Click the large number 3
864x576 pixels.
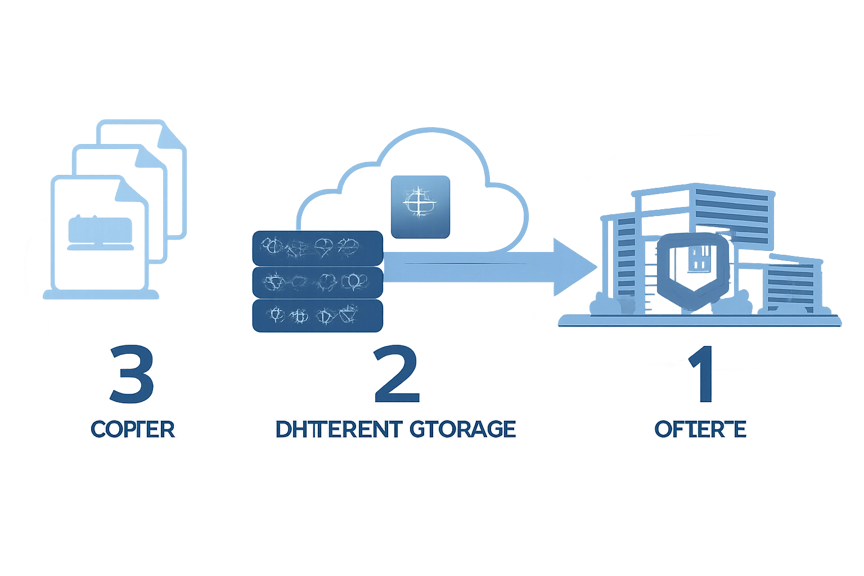point(132,375)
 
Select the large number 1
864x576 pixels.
point(701,375)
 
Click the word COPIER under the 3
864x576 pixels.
point(133,430)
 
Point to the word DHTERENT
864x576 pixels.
point(339,429)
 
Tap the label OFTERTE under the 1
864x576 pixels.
point(700,430)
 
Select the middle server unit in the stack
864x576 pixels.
point(317,282)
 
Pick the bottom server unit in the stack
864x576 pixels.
point(317,316)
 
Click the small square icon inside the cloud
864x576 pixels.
point(420,206)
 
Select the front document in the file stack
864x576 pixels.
point(100,236)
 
